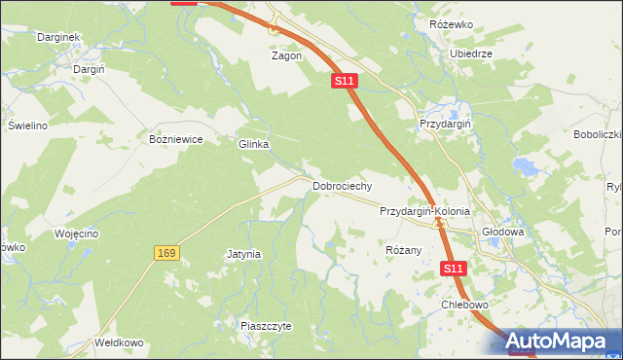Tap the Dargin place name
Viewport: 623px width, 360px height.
(x=89, y=69)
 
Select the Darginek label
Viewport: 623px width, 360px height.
(x=57, y=36)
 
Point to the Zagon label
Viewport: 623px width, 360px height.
(x=286, y=55)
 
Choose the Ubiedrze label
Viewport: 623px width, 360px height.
(x=471, y=54)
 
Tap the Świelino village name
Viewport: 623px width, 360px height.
(x=28, y=126)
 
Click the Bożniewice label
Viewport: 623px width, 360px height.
(x=175, y=139)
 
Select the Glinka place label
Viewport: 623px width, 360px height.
(x=253, y=144)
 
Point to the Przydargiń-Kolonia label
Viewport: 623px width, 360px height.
(x=424, y=210)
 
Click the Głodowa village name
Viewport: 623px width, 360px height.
(x=503, y=233)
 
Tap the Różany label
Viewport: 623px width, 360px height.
(x=403, y=250)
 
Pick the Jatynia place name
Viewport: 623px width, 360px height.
(x=243, y=254)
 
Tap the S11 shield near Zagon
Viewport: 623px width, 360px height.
(x=344, y=82)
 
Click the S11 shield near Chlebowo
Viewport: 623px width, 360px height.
(x=453, y=268)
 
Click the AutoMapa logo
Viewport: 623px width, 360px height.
(x=562, y=341)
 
